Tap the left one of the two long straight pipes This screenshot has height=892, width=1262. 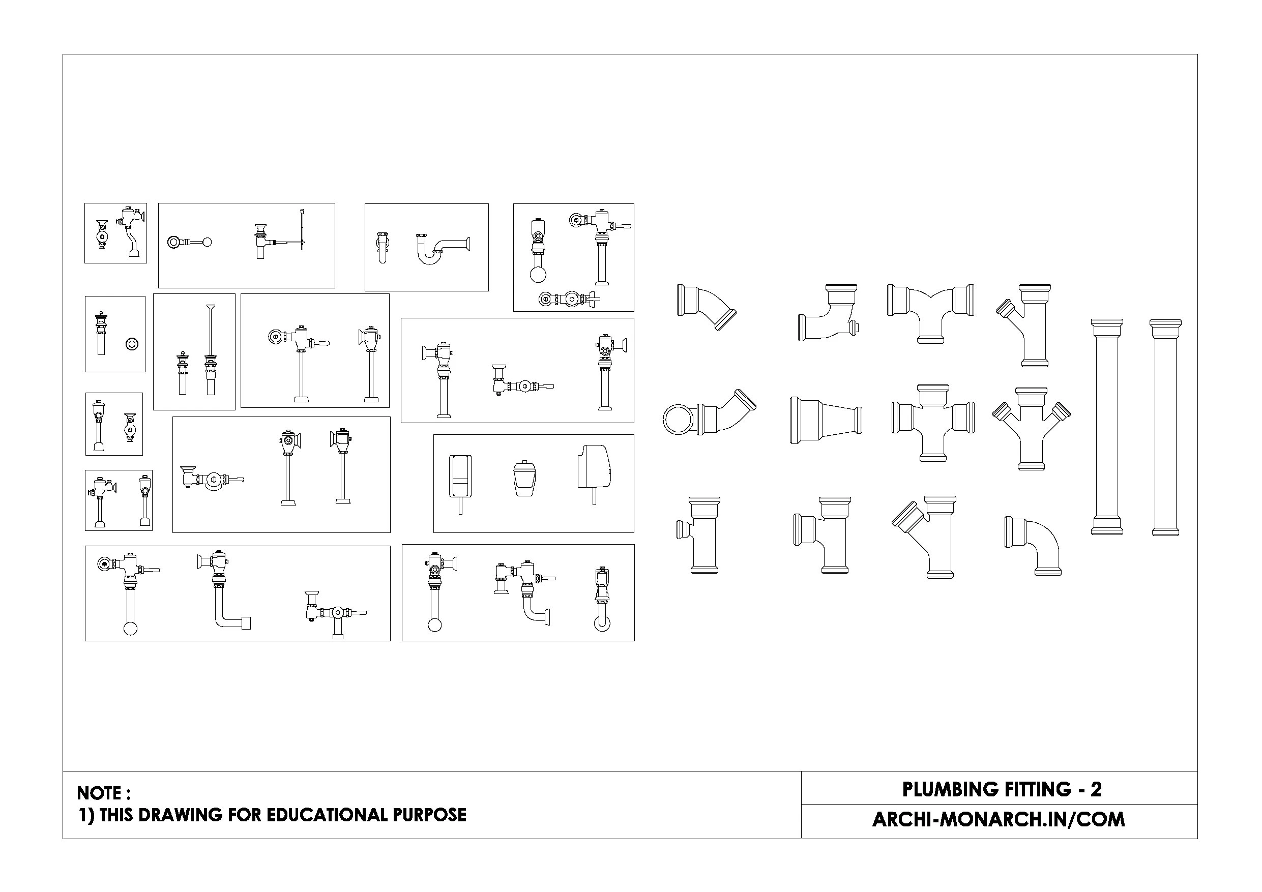pyautogui.click(x=1106, y=427)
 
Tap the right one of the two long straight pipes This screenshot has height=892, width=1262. pyautogui.click(x=1165, y=427)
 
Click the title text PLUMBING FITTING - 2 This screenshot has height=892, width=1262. pyautogui.click(x=1002, y=789)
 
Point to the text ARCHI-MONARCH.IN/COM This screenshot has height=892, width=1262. pyautogui.click(x=998, y=819)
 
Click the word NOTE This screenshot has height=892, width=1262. pyautogui.click(x=100, y=793)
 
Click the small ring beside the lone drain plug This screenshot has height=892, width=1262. pyautogui.click(x=132, y=344)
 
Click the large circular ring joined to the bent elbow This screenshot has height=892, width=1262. pyautogui.click(x=680, y=420)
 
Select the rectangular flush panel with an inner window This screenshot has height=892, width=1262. pyautogui.click(x=461, y=475)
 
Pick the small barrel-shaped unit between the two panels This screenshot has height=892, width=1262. pyautogui.click(x=524, y=479)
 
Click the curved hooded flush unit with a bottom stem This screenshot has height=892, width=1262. pyautogui.click(x=594, y=467)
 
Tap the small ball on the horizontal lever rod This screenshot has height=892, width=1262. pyautogui.click(x=207, y=242)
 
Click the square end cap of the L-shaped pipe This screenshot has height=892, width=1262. pyautogui.click(x=246, y=623)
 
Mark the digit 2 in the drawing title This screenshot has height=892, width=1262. pyautogui.click(x=1096, y=789)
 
